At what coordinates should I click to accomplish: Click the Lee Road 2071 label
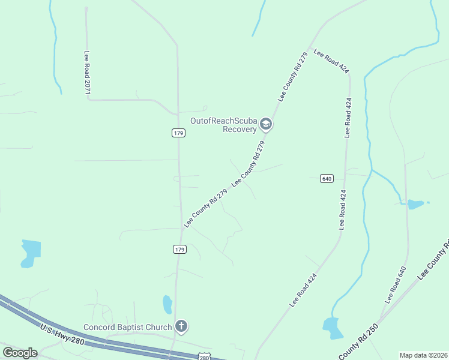pos(87,72)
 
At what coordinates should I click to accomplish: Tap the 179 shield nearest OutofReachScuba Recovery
pos(178,133)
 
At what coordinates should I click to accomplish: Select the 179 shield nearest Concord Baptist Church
pos(178,248)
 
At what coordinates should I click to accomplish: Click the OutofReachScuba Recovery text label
pos(223,124)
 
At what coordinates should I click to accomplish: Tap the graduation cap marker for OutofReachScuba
pos(266,125)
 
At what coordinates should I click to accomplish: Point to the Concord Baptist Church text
pos(127,327)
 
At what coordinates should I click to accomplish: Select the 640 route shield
pos(327,179)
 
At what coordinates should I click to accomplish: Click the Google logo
pos(19,353)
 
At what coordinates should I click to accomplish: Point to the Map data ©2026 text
pos(423,355)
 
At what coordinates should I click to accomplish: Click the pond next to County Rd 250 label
pos(333,328)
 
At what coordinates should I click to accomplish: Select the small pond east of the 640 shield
pos(415,204)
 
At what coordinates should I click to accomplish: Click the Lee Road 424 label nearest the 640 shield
pos(343,209)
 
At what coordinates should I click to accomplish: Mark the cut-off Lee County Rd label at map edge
pos(433,259)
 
